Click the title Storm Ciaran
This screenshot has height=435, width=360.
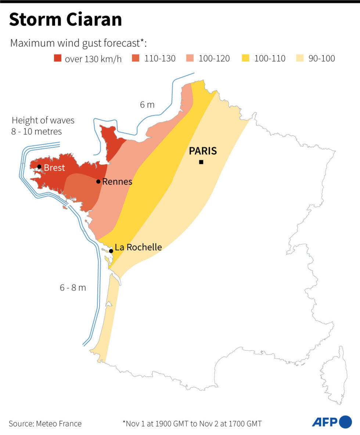click(x=65, y=20)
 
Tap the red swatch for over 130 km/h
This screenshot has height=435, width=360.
click(x=58, y=58)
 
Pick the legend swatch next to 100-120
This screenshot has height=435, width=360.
click(x=191, y=58)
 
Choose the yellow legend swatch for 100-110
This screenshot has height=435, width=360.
click(x=246, y=58)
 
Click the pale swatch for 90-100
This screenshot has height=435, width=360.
click(x=300, y=58)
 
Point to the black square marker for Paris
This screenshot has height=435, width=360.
click(x=201, y=162)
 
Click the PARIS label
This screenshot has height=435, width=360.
click(x=203, y=151)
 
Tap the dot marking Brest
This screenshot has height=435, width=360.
click(x=39, y=167)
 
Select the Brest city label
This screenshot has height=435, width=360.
click(x=54, y=168)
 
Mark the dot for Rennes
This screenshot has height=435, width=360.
click(x=98, y=181)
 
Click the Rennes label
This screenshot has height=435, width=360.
click(x=117, y=181)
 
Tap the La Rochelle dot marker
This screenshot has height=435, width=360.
click(x=111, y=251)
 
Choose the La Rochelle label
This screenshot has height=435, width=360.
click(x=138, y=247)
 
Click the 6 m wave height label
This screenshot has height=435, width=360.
click(x=147, y=105)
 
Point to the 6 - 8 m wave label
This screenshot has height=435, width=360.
click(x=73, y=288)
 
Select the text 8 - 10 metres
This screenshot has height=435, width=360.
click(x=36, y=132)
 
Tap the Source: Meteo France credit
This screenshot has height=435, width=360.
click(x=45, y=424)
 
